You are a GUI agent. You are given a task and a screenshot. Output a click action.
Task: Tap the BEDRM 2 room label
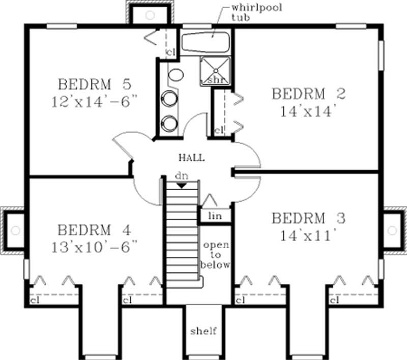point(309,94)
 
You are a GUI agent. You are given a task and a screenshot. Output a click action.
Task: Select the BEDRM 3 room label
point(309,219)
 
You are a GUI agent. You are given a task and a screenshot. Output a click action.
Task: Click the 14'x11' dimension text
point(309,236)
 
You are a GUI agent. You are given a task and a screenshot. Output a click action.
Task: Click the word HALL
point(191,158)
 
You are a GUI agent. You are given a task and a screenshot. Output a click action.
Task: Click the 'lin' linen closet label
point(216,216)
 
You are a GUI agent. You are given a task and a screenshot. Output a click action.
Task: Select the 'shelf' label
point(203,332)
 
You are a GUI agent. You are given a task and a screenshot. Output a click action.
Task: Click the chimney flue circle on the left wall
point(15,230)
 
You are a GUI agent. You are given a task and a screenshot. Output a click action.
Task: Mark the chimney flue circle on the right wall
point(392,230)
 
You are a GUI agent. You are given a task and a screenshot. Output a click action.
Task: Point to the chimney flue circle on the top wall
point(150,15)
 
